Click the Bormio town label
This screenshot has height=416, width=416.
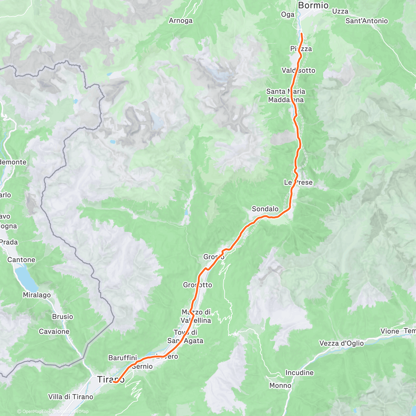point(313,5)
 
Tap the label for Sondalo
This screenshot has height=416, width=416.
point(265,209)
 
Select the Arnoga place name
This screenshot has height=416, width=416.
point(181,21)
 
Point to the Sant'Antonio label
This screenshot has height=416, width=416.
point(366,21)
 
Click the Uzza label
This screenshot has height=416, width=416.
point(340,11)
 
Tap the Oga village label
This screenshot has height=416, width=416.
point(287,14)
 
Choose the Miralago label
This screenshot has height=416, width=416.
point(37,295)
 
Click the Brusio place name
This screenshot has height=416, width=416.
point(62,317)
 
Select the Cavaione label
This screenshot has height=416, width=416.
point(54,331)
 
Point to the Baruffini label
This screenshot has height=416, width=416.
point(123,357)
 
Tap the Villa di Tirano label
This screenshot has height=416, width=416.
point(71,397)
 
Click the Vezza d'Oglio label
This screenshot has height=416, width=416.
point(341,343)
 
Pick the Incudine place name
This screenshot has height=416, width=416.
point(299,373)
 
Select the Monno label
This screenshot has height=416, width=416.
point(280,385)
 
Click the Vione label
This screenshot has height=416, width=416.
point(390,331)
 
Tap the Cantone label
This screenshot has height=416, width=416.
point(21,260)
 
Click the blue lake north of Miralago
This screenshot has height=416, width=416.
point(26,277)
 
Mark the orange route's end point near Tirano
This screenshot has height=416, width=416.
point(114,382)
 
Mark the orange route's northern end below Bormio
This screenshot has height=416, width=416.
point(301,34)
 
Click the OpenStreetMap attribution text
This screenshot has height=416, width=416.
point(72,411)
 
